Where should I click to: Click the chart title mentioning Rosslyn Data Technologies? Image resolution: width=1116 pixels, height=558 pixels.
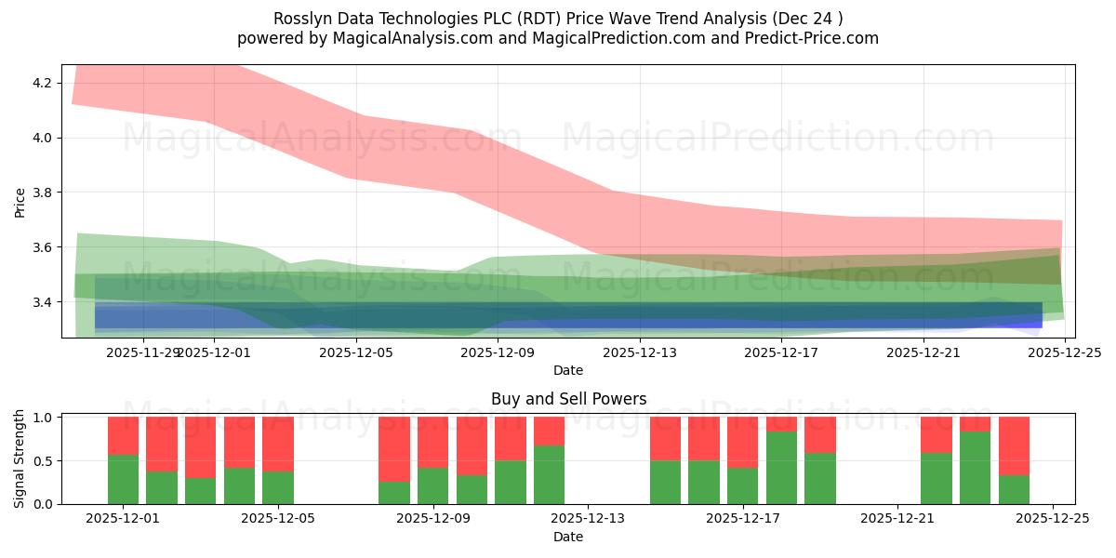(558, 19)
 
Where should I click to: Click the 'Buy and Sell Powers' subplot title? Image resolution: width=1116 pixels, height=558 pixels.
(568, 399)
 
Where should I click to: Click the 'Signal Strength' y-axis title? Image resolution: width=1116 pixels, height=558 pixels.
(20, 459)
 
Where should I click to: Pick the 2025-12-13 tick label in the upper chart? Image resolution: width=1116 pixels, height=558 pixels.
(640, 352)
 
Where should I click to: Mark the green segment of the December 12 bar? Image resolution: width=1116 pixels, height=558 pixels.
(549, 474)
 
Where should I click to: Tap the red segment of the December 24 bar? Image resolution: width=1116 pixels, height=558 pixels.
(1014, 445)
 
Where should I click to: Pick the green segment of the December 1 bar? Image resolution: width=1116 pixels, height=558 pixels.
(124, 479)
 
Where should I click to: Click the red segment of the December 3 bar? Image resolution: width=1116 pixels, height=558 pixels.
(201, 446)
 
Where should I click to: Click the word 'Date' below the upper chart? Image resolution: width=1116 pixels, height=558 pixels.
(568, 370)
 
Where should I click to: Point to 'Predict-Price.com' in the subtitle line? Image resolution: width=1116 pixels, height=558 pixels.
(806, 38)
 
